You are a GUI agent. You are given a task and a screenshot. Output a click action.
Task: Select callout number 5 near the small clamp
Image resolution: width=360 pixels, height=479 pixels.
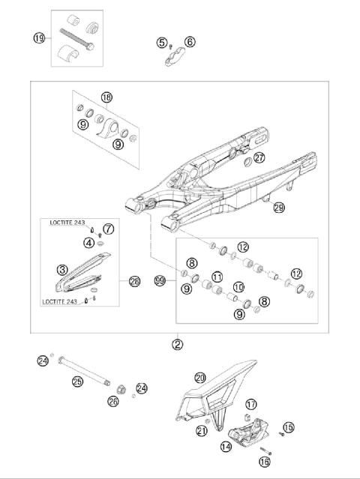point(162,43)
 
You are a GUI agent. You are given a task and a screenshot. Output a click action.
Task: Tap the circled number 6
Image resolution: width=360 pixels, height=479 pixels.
point(190,43)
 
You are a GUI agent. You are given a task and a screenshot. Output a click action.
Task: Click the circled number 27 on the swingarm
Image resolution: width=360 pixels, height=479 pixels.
point(259,158)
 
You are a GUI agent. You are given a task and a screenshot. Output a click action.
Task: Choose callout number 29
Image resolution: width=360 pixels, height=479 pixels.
point(279,208)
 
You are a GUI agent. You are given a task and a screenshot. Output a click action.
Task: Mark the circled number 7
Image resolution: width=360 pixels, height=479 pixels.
point(108,228)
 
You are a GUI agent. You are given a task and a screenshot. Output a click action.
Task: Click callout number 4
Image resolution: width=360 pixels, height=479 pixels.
point(89,242)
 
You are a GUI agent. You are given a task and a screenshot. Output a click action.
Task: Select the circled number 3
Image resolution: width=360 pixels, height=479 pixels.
point(64,268)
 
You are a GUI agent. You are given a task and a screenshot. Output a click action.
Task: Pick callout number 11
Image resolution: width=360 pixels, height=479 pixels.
point(217,277)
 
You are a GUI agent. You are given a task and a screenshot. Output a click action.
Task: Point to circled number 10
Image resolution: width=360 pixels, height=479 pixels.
point(239,287)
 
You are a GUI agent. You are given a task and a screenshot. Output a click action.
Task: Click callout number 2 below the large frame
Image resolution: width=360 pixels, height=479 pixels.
point(177,344)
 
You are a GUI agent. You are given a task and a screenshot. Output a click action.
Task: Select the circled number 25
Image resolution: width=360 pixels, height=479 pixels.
point(76,382)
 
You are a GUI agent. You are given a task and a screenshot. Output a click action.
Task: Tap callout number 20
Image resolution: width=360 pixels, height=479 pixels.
point(199,378)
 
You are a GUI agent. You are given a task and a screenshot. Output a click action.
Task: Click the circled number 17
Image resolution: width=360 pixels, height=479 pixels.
point(251,404)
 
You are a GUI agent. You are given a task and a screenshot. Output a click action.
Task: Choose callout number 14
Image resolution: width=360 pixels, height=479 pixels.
point(226,448)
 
